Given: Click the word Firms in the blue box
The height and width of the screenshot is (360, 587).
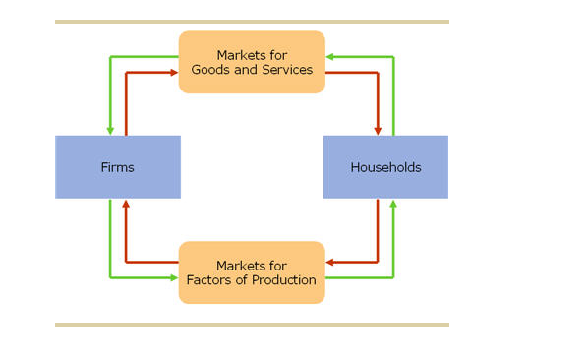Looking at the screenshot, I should pos(117,167).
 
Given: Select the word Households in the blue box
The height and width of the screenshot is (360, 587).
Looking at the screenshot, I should pos(385,167).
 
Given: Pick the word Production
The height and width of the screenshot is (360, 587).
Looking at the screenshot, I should pos(285,280).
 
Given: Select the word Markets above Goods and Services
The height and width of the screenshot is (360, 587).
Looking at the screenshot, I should pos(252,55).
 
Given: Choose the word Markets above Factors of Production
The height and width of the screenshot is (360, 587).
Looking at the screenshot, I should pos(252,266).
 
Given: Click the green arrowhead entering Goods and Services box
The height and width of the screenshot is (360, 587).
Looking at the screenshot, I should pos(330,56).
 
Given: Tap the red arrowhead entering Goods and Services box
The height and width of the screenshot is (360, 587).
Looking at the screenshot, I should pos(174,72).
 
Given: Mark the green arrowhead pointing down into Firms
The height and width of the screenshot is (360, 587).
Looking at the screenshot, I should pos(110,131).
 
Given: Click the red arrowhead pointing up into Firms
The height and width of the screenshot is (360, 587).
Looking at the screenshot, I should pos(125,204).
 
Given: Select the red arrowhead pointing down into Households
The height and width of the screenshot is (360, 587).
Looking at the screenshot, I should pos(379,131).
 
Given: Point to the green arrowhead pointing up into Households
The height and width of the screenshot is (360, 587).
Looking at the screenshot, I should pos(393,204).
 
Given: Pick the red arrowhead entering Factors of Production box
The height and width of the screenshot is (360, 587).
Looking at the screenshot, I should pos(330,263).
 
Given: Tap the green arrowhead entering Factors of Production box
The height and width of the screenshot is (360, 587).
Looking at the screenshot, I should pos(174,278).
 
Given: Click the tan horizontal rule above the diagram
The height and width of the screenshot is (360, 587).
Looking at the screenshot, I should pos(252,21).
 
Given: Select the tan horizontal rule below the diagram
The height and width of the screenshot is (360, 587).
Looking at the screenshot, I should pos(252,324).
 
